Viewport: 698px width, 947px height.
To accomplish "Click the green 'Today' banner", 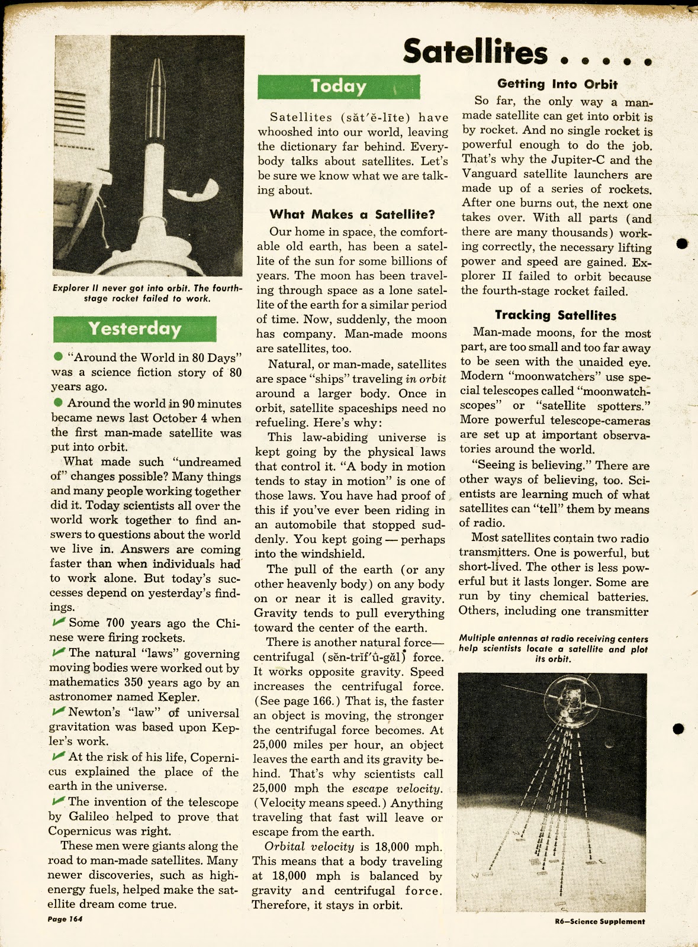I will click(339, 86).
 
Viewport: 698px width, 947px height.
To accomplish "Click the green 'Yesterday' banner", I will click(134, 328).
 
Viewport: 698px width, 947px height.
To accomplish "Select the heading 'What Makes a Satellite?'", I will click(352, 214).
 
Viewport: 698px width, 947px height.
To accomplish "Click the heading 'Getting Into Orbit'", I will click(557, 84).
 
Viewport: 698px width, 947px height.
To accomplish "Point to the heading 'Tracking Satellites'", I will click(555, 315).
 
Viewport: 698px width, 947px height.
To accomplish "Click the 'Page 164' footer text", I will click(65, 919).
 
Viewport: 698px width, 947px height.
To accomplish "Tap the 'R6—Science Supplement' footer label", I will click(600, 921).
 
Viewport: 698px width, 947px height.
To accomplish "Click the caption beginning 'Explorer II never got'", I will click(147, 293).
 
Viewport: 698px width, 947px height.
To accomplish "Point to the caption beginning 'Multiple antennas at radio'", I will click(553, 648).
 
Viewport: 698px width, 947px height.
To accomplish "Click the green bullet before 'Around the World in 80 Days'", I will click(58, 356).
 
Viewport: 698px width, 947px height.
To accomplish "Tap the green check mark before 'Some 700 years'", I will click(59, 621).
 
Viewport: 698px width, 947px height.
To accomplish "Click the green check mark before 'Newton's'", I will click(59, 711).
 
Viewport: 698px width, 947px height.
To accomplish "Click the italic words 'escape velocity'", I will click(397, 788).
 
